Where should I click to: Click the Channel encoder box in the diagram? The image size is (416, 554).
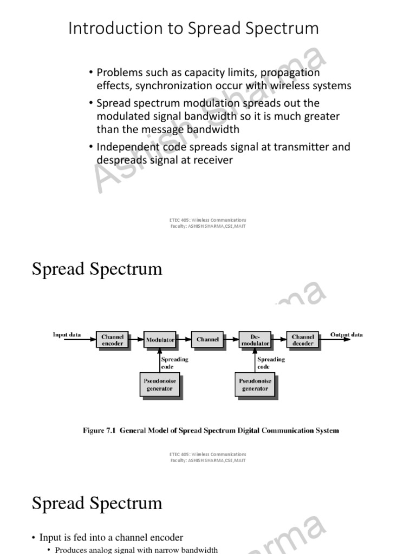(x=112, y=340)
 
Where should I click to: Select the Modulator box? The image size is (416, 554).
(x=160, y=340)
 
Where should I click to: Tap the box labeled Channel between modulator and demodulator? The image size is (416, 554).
(x=207, y=340)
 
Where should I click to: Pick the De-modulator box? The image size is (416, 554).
(x=256, y=340)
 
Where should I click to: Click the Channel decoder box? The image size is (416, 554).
(x=303, y=340)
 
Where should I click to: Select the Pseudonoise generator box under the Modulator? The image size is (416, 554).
(x=160, y=385)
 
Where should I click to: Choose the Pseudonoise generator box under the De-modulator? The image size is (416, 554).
(x=255, y=385)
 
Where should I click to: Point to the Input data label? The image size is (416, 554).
(x=67, y=335)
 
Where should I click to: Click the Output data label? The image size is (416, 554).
(x=347, y=335)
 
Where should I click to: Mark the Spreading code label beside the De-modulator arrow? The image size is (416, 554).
(x=271, y=362)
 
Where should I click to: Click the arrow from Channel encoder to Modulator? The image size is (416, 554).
(x=136, y=340)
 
